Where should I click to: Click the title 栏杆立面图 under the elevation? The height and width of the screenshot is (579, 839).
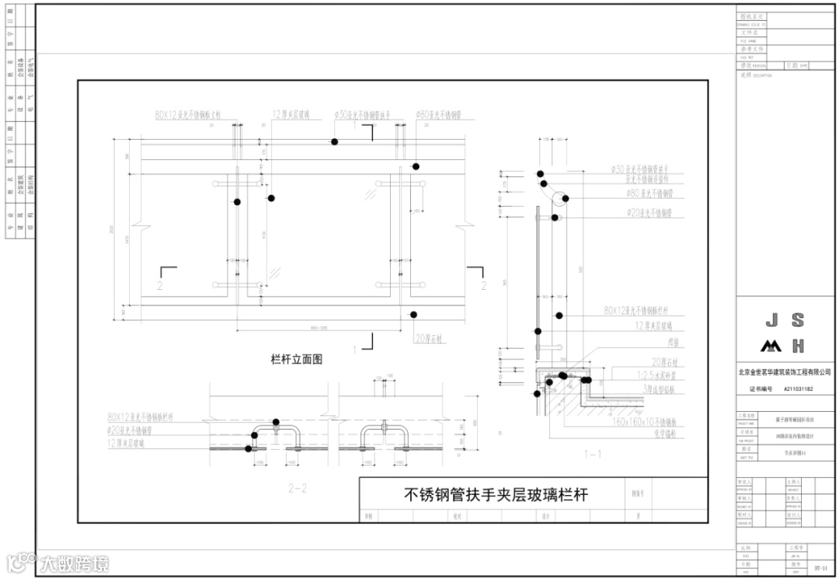tap(296, 360)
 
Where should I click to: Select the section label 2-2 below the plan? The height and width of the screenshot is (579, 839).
tap(298, 489)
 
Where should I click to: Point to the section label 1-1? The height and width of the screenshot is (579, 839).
tap(592, 452)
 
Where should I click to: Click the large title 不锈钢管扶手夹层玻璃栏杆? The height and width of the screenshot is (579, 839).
tap(496, 494)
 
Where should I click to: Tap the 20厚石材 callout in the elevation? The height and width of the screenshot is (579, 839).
tap(428, 339)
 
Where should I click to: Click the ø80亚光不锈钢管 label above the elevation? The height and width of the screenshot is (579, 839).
tap(439, 115)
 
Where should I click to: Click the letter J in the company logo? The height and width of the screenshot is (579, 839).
tap(771, 320)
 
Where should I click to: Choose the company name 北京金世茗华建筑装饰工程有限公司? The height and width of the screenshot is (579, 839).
tap(786, 374)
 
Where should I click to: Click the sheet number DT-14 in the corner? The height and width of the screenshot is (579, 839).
tap(820, 570)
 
